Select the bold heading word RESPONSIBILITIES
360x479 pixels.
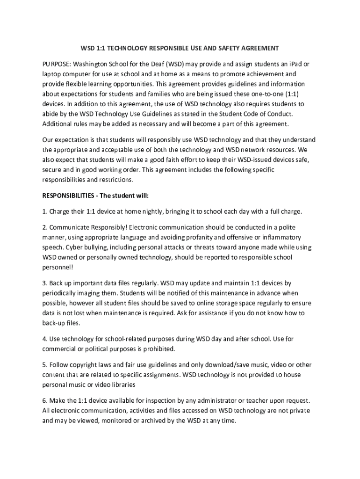tap(70, 196)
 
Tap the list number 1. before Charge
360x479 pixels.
tap(45, 211)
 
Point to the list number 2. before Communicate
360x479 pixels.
tap(45, 227)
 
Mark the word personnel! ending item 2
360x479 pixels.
tap(58, 267)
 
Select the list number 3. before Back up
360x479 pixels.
tap(45, 283)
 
